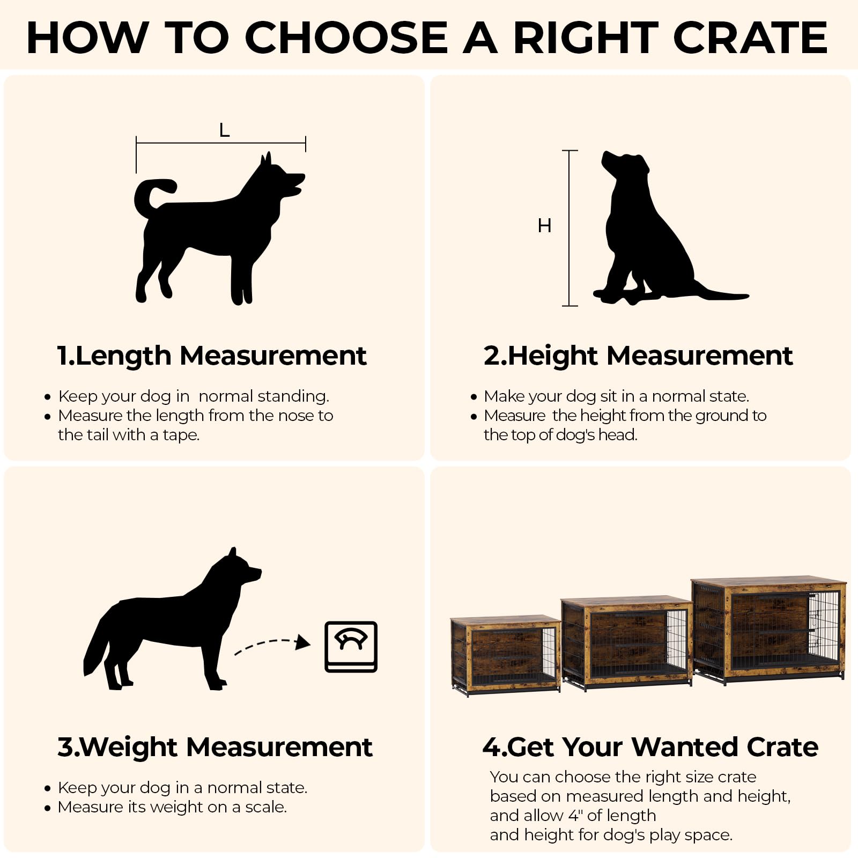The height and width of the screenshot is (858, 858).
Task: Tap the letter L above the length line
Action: (x=224, y=130)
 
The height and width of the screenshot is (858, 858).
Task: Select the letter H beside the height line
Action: (x=544, y=226)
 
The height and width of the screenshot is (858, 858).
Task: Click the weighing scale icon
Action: (x=351, y=647)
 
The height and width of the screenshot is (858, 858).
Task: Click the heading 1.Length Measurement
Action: (x=212, y=356)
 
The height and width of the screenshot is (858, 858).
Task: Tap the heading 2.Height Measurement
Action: (x=638, y=356)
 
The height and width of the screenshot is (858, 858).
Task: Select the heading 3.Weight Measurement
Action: (x=214, y=747)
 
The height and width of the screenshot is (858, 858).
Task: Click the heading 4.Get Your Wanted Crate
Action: (x=650, y=747)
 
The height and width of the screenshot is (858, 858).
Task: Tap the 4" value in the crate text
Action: (x=575, y=816)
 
